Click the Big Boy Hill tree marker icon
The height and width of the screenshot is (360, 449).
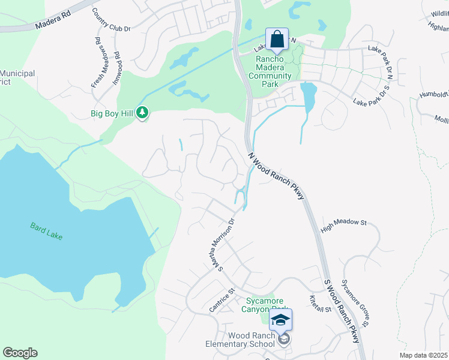coord(142,112)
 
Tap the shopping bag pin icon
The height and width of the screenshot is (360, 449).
coord(277,40)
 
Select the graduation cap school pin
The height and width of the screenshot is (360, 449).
coord(280,320)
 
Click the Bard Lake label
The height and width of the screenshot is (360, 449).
coord(46,231)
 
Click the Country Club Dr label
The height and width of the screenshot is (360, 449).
coord(111,19)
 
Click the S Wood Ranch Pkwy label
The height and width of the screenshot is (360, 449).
coord(345,310)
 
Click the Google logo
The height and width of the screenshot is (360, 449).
coord(20,353)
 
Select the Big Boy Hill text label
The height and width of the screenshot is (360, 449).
coord(112,113)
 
